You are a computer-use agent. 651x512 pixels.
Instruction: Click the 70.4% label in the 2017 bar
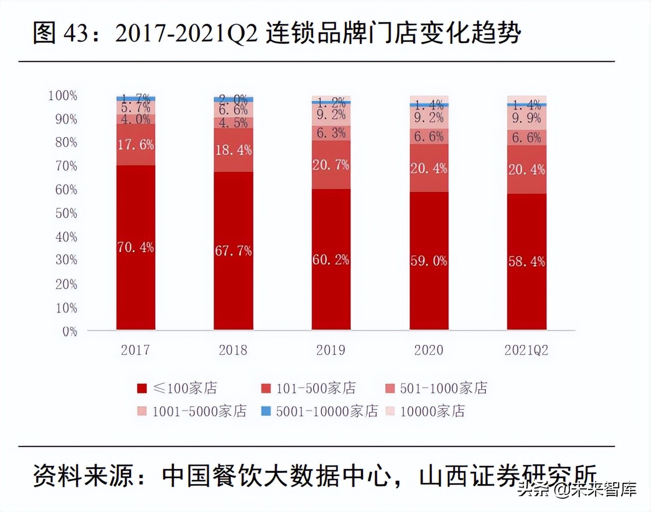(x=135, y=247)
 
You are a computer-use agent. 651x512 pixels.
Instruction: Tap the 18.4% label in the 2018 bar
(x=233, y=150)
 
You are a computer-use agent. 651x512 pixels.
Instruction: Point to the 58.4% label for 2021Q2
(x=526, y=261)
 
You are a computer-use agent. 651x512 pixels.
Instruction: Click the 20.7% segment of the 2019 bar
(x=331, y=165)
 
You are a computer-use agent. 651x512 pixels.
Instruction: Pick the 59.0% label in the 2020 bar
(x=428, y=261)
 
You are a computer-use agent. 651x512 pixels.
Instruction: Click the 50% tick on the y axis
(x=66, y=213)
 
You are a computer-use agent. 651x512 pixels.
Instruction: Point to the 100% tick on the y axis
(x=62, y=95)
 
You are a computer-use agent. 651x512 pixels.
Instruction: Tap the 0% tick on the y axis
(x=69, y=332)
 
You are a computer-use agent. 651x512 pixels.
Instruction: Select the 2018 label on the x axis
(x=233, y=350)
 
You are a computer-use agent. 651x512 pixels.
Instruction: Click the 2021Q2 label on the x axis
(x=526, y=350)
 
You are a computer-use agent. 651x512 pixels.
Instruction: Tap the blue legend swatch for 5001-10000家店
(x=266, y=411)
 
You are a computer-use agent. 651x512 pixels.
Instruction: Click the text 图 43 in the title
(x=60, y=33)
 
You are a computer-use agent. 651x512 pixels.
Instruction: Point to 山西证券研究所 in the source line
(x=507, y=475)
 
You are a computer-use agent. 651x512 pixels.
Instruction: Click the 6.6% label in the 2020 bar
(x=428, y=137)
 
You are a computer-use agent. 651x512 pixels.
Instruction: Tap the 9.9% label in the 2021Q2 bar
(x=526, y=118)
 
